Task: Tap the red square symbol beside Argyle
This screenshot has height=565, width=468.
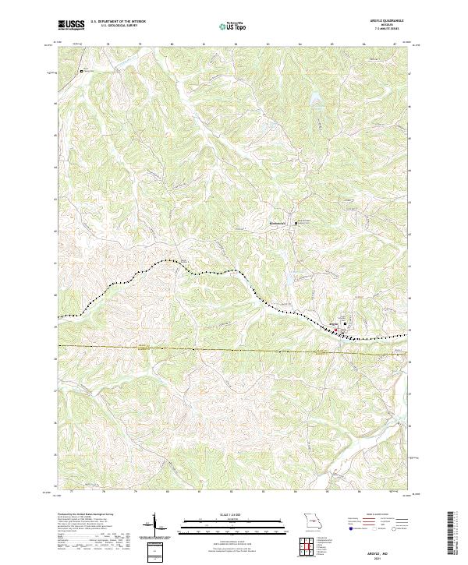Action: pyautogui.click(x=336, y=330)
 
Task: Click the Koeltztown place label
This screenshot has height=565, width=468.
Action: pyautogui.click(x=278, y=224)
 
